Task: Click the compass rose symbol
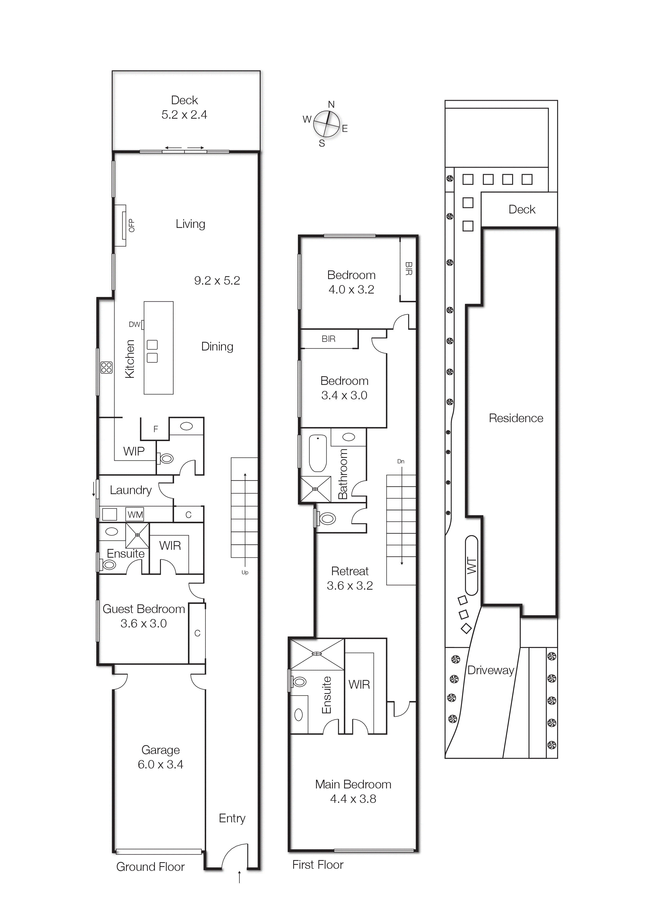(x=326, y=124)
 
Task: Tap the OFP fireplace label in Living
(x=132, y=226)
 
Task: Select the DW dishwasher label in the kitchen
(x=134, y=324)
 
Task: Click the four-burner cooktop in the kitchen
(x=106, y=368)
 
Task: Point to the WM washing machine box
(x=135, y=515)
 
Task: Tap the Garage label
(x=160, y=750)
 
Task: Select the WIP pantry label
(x=134, y=451)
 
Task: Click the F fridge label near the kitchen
(x=156, y=429)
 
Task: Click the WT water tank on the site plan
(x=472, y=566)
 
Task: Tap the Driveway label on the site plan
(x=491, y=670)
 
